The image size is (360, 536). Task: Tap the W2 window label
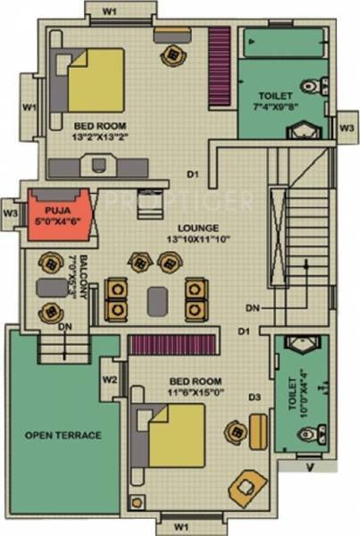[x=110, y=380]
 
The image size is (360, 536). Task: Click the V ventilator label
[x=310, y=465]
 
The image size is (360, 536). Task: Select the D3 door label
[x=255, y=397]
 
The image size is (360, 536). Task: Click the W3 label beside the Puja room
[x=10, y=214]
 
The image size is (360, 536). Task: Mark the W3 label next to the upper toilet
[x=347, y=129]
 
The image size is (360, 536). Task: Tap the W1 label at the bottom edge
[x=180, y=525]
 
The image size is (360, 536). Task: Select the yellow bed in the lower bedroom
[x=176, y=435]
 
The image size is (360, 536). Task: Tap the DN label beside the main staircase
[x=253, y=307]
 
